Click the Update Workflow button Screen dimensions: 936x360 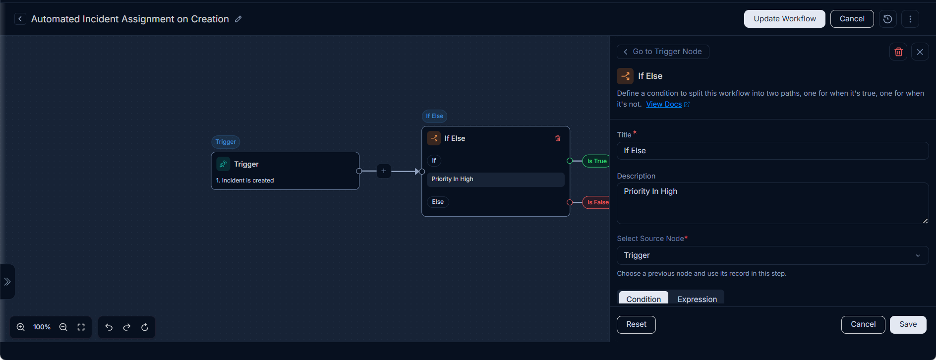click(x=784, y=19)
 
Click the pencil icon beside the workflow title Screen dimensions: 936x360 click(x=238, y=19)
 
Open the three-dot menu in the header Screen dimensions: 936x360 click(x=910, y=19)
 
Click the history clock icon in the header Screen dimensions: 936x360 click(x=887, y=19)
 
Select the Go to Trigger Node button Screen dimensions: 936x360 click(x=663, y=52)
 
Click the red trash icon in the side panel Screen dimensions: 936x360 click(x=898, y=52)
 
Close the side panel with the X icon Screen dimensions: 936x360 click(x=920, y=52)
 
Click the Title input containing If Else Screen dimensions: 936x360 click(x=772, y=151)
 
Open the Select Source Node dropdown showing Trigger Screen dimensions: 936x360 click(x=772, y=255)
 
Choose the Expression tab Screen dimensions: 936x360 click(x=697, y=299)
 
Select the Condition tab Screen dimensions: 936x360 click(x=643, y=299)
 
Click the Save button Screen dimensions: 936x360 click(x=908, y=324)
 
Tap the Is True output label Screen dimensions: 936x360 click(x=596, y=161)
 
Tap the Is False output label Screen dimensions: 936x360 click(x=597, y=202)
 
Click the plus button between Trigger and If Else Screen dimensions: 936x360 click(x=384, y=171)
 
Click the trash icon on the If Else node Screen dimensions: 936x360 click(x=558, y=138)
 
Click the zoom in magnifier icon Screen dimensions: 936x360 click(x=21, y=327)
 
